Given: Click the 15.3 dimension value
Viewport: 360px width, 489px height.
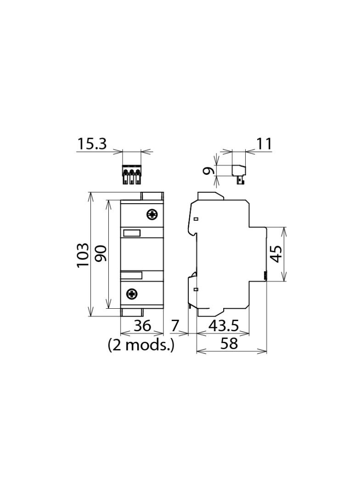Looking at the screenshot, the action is [92, 144].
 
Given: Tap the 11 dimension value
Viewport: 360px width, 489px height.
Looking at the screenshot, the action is [264, 144].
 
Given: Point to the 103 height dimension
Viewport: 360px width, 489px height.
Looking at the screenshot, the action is [83, 255].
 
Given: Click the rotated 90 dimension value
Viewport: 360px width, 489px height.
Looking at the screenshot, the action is [101, 254].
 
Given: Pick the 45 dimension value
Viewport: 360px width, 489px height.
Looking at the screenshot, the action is [276, 254].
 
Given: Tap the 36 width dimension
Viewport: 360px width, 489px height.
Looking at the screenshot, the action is [142, 326].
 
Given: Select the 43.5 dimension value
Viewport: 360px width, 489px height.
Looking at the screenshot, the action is [224, 326].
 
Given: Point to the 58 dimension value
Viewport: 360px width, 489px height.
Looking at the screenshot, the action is [229, 344].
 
